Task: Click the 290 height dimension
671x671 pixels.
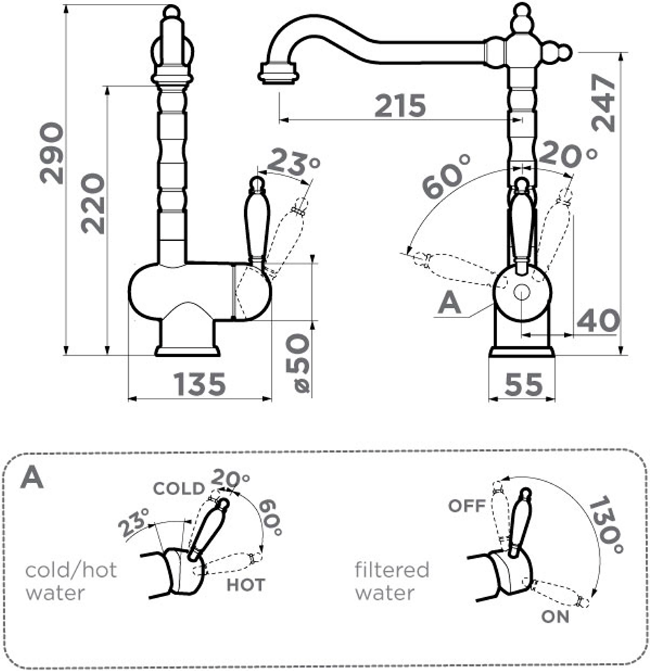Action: click(52, 153)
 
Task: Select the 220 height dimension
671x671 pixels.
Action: click(93, 203)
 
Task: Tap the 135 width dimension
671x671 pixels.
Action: click(200, 384)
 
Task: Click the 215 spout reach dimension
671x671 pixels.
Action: click(400, 106)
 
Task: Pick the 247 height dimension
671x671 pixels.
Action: click(604, 102)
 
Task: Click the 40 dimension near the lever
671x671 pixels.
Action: click(598, 321)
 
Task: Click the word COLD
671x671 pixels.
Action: click(178, 488)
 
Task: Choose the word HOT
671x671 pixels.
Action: click(245, 584)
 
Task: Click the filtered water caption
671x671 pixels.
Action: click(392, 581)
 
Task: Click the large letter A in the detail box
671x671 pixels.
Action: click(32, 477)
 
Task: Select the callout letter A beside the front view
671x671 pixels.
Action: click(450, 303)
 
